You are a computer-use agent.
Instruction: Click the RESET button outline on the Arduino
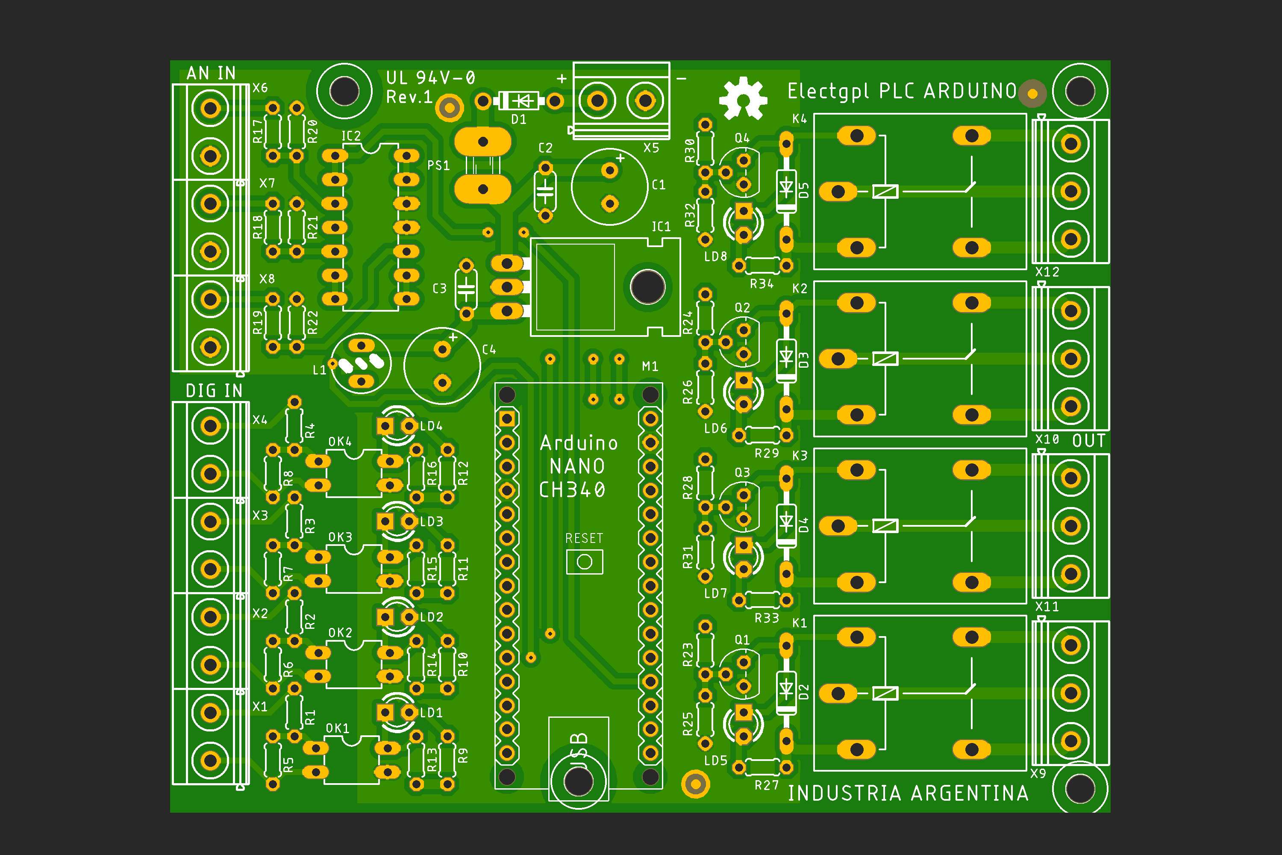[x=584, y=562]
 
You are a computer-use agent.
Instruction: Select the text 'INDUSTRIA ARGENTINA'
[x=908, y=793]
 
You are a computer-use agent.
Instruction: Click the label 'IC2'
[x=351, y=136]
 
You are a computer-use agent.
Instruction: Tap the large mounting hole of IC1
[x=647, y=287]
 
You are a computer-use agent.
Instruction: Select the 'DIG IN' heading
[x=214, y=390]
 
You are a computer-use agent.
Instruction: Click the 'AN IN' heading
[x=211, y=73]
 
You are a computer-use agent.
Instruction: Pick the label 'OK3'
[x=340, y=537]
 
